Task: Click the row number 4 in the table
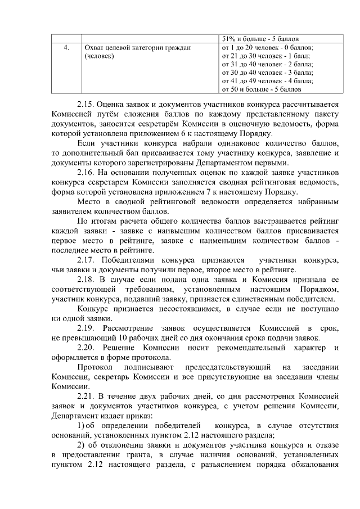(66, 48)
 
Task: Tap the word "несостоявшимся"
(190, 309)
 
